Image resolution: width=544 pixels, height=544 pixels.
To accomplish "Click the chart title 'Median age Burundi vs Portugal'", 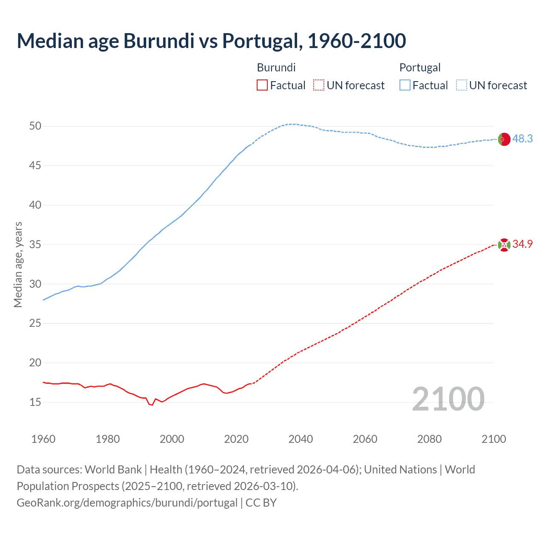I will tap(211, 41).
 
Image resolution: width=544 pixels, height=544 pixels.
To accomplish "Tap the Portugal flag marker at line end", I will tap(504, 139).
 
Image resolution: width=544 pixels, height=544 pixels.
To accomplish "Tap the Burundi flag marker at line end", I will tap(504, 245).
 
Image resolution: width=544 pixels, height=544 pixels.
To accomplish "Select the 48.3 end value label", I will tap(522, 139).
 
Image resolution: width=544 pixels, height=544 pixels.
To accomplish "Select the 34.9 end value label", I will tap(522, 244).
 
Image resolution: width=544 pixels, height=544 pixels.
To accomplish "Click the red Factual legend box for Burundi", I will tap(262, 85).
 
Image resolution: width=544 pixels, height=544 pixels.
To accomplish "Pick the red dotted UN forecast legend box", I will tap(319, 85).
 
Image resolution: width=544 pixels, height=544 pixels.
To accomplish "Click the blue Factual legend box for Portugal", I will tap(405, 85).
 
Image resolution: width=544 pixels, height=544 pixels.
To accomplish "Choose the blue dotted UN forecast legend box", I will tap(461, 85).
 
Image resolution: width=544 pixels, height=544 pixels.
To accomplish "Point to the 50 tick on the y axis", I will tap(35, 126).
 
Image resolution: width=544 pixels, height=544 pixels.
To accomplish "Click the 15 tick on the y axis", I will tap(35, 402).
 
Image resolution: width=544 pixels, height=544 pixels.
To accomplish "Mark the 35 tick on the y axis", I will tap(35, 244).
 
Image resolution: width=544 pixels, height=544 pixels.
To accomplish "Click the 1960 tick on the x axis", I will tap(43, 439).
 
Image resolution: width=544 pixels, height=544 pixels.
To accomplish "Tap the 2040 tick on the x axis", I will tap(300, 439).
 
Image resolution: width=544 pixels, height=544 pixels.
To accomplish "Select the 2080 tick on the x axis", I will tap(429, 439).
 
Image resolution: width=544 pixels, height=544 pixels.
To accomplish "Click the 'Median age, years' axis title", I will tap(18, 264).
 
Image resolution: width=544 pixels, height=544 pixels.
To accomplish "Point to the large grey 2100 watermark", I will tap(448, 399).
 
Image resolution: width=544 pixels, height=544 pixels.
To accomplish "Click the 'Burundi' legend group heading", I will tap(276, 68).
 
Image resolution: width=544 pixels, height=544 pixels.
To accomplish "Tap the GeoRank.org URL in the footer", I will tap(127, 503).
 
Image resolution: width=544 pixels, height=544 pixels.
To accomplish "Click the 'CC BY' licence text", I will tap(261, 503).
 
